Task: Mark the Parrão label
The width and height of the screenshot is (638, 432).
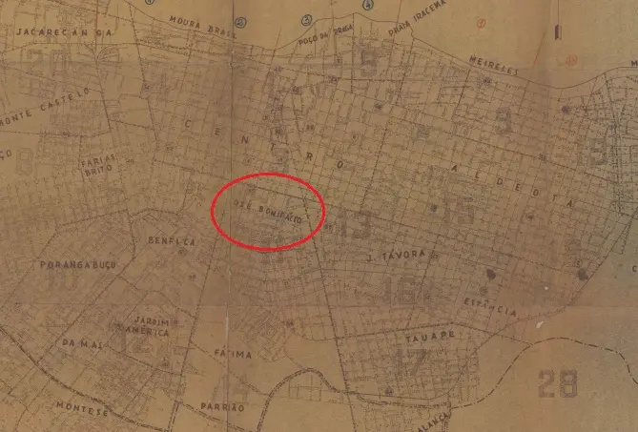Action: point(223,406)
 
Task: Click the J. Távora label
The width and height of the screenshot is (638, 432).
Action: point(394,257)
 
